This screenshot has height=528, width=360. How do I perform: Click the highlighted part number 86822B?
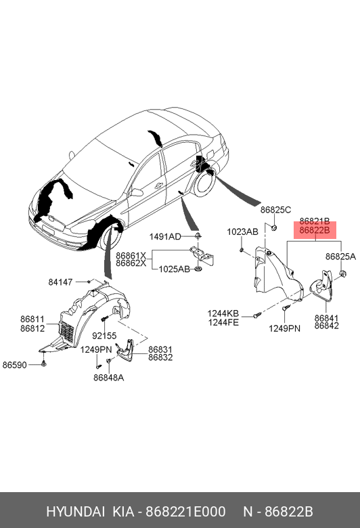tap(315, 230)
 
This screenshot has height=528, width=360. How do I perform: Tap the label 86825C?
tap(275, 210)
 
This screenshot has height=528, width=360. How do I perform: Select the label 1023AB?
tap(242, 232)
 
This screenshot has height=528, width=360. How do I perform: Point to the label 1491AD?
tap(165, 237)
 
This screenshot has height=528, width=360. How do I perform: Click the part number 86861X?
tap(131, 256)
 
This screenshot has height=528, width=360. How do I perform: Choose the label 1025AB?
tap(175, 269)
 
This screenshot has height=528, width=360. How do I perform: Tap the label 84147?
tap(60, 282)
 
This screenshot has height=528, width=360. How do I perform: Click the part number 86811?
tap(32, 319)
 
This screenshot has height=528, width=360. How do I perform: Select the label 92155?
tap(104, 336)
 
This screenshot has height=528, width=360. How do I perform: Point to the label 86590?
tap(14, 365)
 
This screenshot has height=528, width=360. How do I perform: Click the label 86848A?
tap(108, 378)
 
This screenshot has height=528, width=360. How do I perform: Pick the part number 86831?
tap(160, 349)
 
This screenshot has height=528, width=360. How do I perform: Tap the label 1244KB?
tap(223, 314)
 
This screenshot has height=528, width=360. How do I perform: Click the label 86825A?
tap(340, 257)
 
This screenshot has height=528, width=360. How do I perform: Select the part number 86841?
tap(327, 318)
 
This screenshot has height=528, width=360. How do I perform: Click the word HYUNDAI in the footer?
tap(75, 512)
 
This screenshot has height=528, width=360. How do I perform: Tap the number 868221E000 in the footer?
tap(185, 512)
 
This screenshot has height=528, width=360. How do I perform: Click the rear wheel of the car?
tap(204, 183)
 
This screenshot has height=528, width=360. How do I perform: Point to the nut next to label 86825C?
tap(274, 227)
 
